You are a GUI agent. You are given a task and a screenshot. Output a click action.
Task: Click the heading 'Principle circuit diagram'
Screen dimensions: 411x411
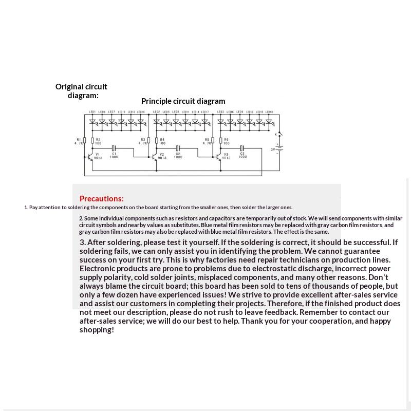(183, 101)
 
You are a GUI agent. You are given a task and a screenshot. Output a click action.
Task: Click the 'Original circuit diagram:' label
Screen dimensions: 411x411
(81, 91)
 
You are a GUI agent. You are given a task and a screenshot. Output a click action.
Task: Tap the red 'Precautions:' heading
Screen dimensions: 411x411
(101, 199)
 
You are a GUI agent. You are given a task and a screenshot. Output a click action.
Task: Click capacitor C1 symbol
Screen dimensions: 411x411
(114, 148)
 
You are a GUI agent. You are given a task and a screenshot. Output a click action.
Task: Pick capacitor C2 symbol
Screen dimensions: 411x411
(178, 148)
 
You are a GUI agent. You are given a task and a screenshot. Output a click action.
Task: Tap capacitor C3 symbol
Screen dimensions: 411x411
(242, 148)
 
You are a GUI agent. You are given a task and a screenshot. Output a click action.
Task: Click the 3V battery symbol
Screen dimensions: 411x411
(279, 149)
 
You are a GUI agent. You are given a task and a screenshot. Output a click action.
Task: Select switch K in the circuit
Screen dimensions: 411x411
(279, 135)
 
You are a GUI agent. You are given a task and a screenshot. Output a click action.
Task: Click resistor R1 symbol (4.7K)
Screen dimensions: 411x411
(85, 140)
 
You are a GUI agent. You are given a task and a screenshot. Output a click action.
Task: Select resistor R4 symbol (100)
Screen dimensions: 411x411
(157, 140)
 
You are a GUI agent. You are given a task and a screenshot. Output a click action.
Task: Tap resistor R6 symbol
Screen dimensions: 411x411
(221, 140)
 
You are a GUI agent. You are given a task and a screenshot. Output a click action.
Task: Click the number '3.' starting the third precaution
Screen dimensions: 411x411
(82, 242)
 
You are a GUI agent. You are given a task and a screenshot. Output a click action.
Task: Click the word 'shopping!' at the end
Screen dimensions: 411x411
(97, 330)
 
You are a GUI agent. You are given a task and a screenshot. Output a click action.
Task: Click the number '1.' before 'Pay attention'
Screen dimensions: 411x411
(26, 208)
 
